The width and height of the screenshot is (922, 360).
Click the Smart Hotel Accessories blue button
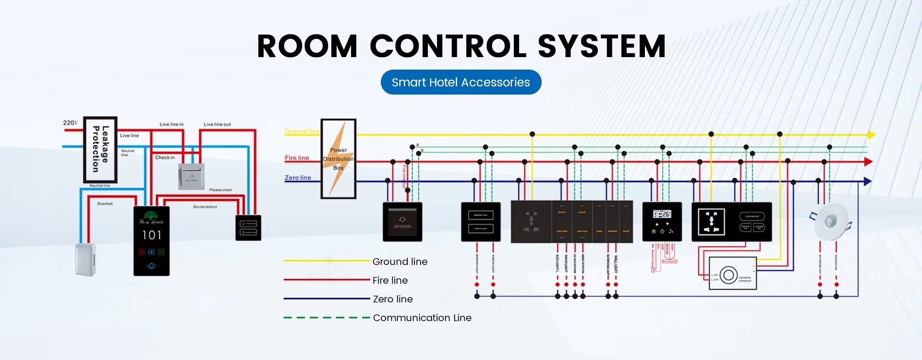[x=461, y=82]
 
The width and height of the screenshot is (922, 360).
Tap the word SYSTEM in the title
[x=602, y=47]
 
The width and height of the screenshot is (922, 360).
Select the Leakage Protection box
[x=100, y=149]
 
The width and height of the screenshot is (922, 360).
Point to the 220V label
[x=70, y=123]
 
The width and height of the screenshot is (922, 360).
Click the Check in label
[x=165, y=157]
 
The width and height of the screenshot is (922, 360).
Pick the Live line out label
[x=217, y=124]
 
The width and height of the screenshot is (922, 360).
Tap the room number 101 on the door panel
[x=152, y=235]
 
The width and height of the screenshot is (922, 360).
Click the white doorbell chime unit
[x=85, y=260]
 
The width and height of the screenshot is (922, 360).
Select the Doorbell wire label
[x=105, y=204]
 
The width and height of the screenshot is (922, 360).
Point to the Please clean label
[x=220, y=190]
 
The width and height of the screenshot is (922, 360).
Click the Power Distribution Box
[x=339, y=159]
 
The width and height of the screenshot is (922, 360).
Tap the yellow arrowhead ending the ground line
[x=872, y=134]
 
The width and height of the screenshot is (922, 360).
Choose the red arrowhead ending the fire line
[x=868, y=162]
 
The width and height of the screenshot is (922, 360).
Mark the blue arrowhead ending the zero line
[x=867, y=181]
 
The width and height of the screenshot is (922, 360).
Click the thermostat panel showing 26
[x=662, y=222]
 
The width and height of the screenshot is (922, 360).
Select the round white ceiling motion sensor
[x=831, y=221]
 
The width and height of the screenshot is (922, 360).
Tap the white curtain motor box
[x=732, y=273]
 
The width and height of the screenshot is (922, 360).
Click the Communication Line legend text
[x=422, y=318]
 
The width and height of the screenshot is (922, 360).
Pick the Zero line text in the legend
[x=393, y=299]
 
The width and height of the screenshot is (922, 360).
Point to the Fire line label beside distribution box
[x=297, y=158]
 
